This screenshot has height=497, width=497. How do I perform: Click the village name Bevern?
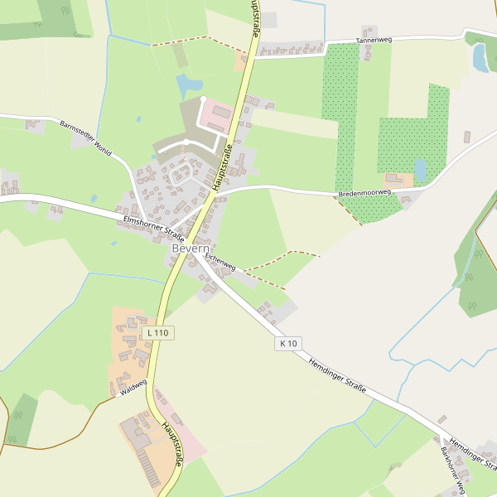[x=191, y=248]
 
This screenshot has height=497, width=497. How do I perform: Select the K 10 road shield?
[x=288, y=343]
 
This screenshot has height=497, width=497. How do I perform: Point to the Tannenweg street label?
[x=373, y=40]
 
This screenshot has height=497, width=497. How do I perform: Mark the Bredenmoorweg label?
[x=364, y=193]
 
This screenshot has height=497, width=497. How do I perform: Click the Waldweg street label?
[x=133, y=387]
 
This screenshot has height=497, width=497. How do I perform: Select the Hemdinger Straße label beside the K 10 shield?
[x=338, y=377]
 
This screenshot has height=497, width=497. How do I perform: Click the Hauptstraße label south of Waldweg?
[x=171, y=444]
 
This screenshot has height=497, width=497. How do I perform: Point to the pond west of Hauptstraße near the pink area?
[x=189, y=84]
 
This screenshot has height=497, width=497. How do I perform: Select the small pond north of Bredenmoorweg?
[x=421, y=170]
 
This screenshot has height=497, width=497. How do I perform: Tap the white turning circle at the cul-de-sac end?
[x=203, y=99]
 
